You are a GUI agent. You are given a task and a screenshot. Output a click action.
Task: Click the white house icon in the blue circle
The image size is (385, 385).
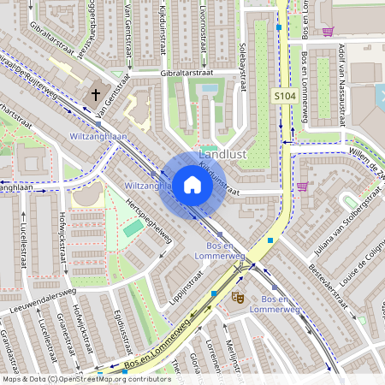[x=192, y=184]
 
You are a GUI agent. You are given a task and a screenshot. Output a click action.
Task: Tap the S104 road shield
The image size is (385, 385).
[x=284, y=98]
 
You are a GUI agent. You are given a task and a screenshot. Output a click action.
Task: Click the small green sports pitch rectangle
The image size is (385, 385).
[x=133, y=228]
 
